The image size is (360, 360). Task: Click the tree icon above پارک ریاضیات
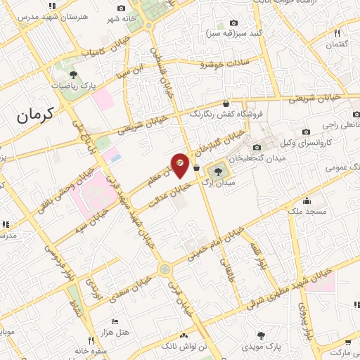pyautogui.click(x=74, y=74)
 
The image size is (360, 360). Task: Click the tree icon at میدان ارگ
pyautogui.click(x=218, y=169)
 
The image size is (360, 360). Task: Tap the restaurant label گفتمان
pyautogui.click(x=337, y=44)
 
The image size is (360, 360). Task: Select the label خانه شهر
pyautogui.click(x=121, y=18)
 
